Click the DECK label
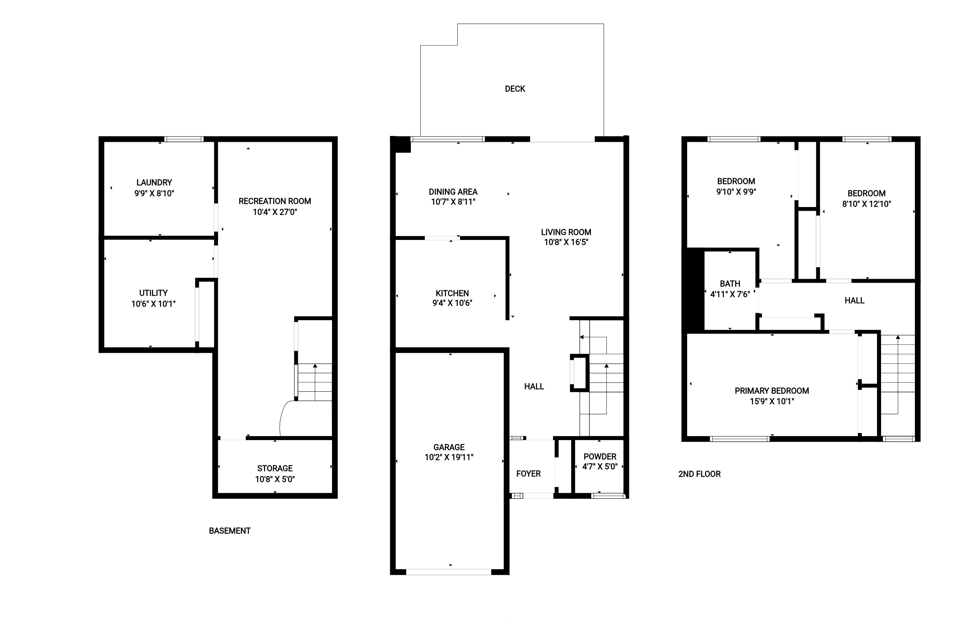point(515,89)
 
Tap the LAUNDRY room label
point(154,183)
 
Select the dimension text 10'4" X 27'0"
point(275,212)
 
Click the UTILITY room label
point(153,293)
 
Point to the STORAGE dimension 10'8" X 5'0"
point(275,479)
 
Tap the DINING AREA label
point(453,192)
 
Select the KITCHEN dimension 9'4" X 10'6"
point(452,303)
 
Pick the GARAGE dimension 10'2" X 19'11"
point(449,457)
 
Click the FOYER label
point(528,474)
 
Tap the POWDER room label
point(600,456)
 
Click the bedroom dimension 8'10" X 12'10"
point(866,204)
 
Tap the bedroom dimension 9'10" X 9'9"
point(736,192)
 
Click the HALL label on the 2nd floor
point(854,300)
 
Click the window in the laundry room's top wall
point(184,139)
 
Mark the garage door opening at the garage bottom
point(448,572)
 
